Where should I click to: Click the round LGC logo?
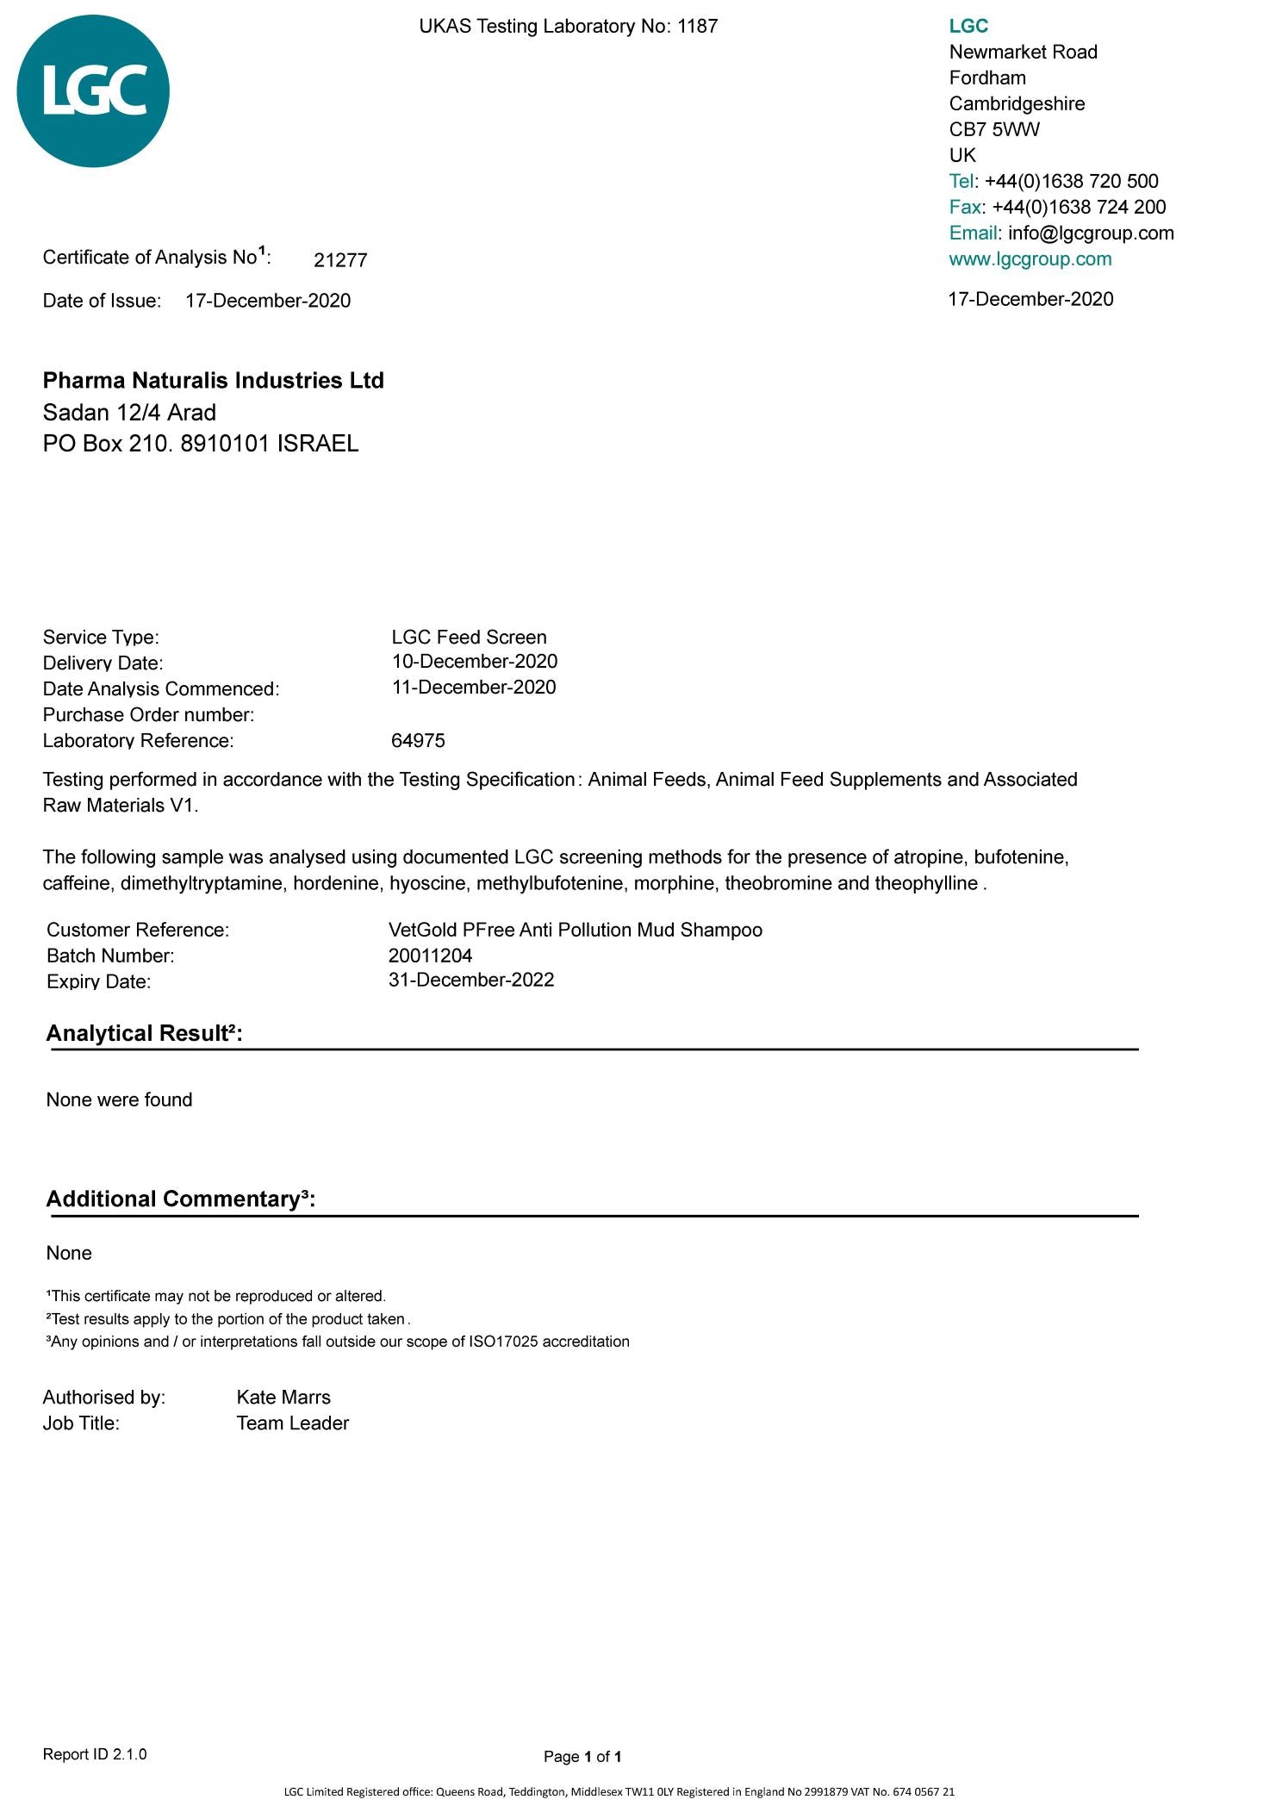(93, 91)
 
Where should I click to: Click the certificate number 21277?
(340, 260)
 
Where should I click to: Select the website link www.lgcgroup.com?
(1030, 258)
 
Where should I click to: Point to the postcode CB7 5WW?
(994, 129)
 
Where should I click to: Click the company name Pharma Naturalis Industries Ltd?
(214, 380)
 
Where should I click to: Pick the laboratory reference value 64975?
(418, 740)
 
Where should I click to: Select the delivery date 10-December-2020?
(474, 661)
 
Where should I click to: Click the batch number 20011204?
(430, 955)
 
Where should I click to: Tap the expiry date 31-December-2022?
(471, 980)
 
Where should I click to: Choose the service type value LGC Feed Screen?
(469, 637)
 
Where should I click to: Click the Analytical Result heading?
(144, 1033)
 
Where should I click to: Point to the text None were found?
(119, 1099)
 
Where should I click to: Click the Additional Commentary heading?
(180, 1199)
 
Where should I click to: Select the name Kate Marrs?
(283, 1397)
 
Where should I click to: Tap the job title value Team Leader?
(292, 1423)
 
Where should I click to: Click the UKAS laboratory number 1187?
(697, 26)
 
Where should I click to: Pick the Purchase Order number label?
(148, 714)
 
